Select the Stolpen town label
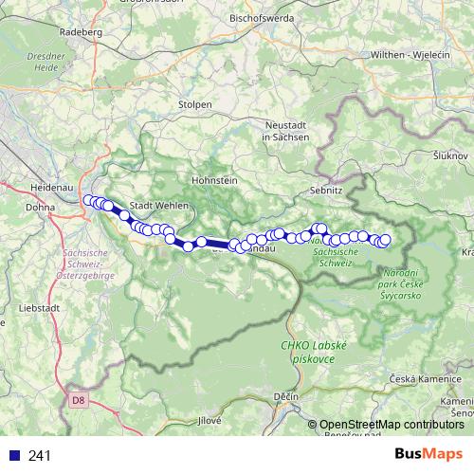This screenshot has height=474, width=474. [x=195, y=103]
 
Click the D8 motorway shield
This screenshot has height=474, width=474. [x=79, y=401]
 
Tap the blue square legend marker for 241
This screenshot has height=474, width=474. [x=13, y=456]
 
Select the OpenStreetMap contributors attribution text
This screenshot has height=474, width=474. [x=392, y=425]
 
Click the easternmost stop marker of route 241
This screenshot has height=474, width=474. [x=385, y=240]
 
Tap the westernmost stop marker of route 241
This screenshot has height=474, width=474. [x=88, y=200]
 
